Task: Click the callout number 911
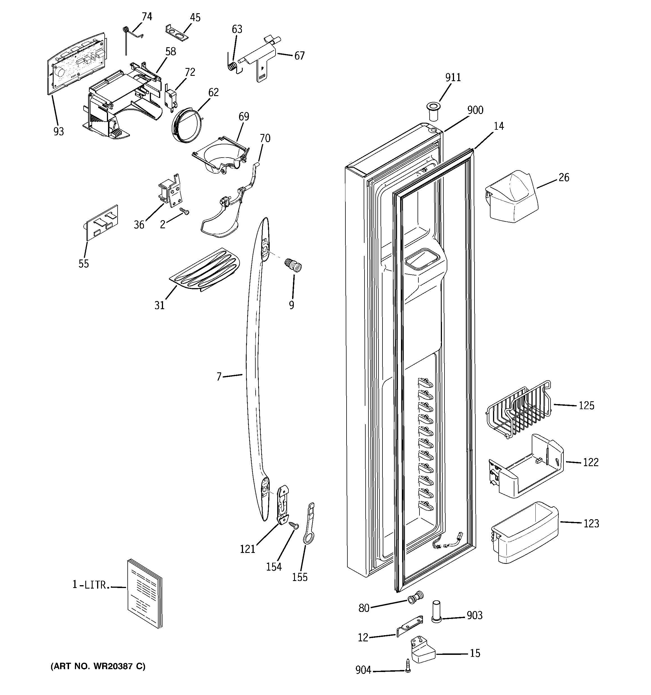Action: click(453, 77)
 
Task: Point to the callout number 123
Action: click(591, 523)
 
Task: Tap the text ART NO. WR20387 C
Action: click(98, 666)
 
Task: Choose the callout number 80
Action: click(364, 608)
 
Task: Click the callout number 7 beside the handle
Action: click(219, 377)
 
